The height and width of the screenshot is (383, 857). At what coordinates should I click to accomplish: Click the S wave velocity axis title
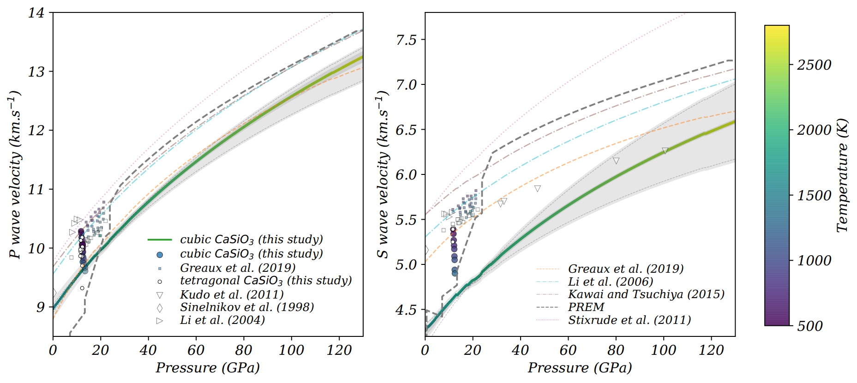tap(383, 174)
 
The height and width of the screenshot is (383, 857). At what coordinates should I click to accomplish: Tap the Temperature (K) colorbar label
tap(842, 175)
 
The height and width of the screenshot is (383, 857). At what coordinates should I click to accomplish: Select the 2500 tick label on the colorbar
tap(814, 65)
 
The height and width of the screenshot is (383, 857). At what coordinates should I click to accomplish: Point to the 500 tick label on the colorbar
tap(810, 326)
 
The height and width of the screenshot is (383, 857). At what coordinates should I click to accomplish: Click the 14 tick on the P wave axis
tap(36, 13)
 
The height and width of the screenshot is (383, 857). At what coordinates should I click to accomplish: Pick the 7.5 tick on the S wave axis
tap(406, 40)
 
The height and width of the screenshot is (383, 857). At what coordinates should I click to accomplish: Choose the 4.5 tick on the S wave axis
tap(406, 310)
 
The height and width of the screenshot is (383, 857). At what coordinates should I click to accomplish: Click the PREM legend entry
tap(586, 307)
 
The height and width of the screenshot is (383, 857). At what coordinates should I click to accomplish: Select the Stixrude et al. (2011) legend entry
tap(629, 320)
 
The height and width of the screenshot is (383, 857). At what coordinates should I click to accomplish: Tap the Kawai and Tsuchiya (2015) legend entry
tap(646, 294)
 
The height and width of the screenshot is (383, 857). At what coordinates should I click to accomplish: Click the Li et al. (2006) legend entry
tap(611, 281)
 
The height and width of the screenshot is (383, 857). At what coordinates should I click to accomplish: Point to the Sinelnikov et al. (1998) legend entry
tap(247, 307)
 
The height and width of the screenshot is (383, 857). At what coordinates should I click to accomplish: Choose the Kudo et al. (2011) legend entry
tap(232, 294)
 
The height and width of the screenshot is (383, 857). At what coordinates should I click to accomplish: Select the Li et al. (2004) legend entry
tap(222, 320)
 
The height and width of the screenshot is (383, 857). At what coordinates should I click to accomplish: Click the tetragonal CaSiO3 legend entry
tap(266, 281)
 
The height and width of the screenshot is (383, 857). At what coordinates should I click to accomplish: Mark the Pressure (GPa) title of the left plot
tap(208, 368)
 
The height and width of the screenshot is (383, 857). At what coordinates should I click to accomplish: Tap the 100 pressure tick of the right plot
tap(663, 351)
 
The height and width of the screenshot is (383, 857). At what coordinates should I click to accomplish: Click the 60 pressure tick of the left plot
tap(196, 351)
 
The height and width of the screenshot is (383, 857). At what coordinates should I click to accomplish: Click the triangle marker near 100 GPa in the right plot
tap(665, 151)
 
